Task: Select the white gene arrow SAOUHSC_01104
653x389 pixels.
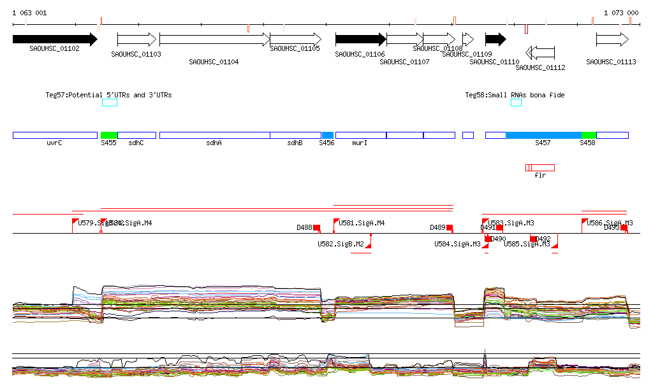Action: (214, 39)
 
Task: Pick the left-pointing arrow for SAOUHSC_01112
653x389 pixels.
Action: (540, 52)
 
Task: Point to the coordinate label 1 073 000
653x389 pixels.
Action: (621, 13)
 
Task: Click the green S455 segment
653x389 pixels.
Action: (109, 135)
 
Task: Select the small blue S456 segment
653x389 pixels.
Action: (328, 135)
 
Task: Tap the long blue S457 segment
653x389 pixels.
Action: (543, 135)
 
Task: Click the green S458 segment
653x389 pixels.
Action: (589, 135)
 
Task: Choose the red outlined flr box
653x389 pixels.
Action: (540, 167)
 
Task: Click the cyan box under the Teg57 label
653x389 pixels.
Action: (110, 103)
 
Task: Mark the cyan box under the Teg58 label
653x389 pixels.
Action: (516, 103)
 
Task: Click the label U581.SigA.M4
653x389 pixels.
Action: (362, 223)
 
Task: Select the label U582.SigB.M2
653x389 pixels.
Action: (341, 244)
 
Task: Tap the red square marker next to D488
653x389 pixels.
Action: (316, 227)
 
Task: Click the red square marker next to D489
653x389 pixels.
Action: (450, 227)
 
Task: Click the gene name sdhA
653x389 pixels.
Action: (214, 143)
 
